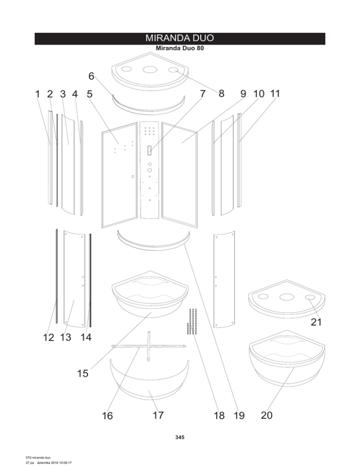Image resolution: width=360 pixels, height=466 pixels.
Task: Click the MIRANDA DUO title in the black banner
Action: (x=180, y=38)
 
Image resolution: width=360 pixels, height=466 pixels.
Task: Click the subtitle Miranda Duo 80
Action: (x=180, y=48)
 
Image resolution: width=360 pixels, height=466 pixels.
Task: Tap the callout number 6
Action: (x=91, y=76)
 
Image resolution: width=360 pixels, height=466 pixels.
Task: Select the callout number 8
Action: (x=221, y=94)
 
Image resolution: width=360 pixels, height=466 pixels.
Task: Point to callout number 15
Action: (x=82, y=373)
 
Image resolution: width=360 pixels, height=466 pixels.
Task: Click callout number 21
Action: (x=316, y=322)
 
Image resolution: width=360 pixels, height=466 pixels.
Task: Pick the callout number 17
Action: (x=158, y=415)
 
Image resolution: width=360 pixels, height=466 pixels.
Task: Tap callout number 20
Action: (x=267, y=415)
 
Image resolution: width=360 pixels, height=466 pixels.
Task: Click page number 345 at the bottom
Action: (x=180, y=437)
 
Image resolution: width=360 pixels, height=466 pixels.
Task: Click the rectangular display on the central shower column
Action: (x=150, y=150)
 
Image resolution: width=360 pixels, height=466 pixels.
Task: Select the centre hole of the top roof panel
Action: (x=150, y=70)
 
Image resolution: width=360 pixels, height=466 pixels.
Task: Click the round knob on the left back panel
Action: (x=133, y=177)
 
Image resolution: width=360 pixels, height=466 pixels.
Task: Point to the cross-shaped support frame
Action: (x=149, y=346)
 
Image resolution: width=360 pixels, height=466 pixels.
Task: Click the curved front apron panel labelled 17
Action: (x=149, y=386)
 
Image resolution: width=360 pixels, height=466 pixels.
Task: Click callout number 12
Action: (x=49, y=338)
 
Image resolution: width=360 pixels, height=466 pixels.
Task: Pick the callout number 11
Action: (x=275, y=94)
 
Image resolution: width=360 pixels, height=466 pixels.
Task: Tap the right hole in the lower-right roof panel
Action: (x=311, y=298)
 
